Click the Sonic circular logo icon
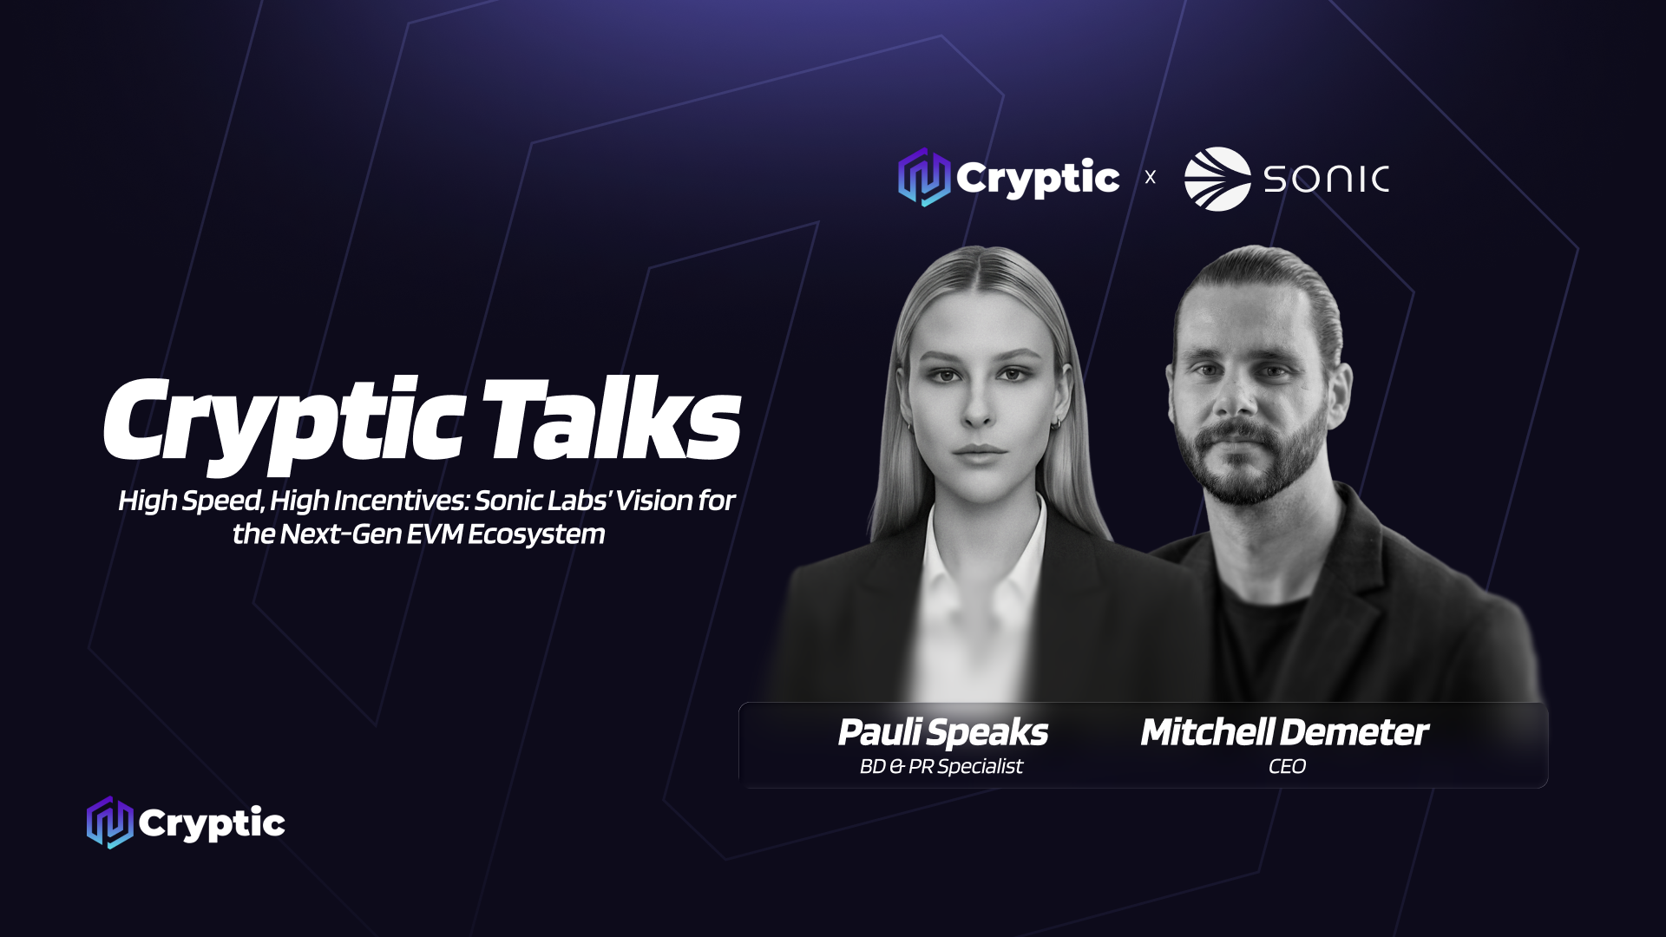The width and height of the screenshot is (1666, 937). pyautogui.click(x=1217, y=179)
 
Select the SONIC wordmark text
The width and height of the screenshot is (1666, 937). pyautogui.click(x=1327, y=180)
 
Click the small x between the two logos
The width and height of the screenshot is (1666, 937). pyautogui.click(x=1151, y=178)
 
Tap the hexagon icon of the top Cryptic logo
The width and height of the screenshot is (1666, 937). pyautogui.click(x=924, y=177)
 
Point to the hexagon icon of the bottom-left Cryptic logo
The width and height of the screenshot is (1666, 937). pyautogui.click(x=110, y=822)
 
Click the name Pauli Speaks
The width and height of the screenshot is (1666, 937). pyautogui.click(x=943, y=733)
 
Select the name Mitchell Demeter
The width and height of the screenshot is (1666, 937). pyautogui.click(x=1284, y=732)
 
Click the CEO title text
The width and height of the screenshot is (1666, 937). pyautogui.click(x=1287, y=766)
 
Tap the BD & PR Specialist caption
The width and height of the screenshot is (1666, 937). pyautogui.click(x=941, y=766)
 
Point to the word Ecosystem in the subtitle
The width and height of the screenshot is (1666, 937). pyautogui.click(x=536, y=534)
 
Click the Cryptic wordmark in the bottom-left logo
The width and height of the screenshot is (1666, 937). pyautogui.click(x=212, y=823)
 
